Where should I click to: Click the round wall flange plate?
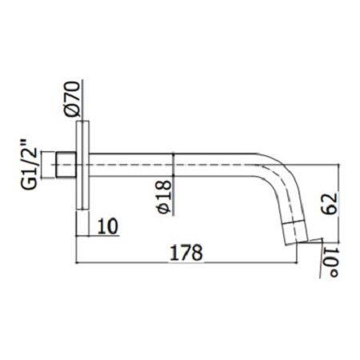80,166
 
